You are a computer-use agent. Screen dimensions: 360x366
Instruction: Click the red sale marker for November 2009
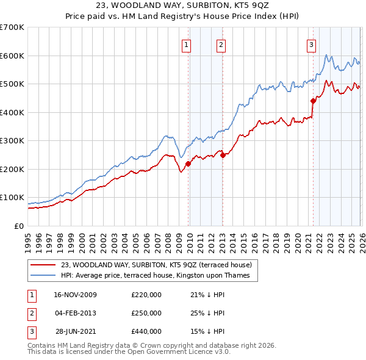click(x=188, y=164)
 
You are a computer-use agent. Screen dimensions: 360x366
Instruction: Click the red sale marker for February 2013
click(x=223, y=155)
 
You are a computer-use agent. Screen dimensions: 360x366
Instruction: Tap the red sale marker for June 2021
click(x=313, y=101)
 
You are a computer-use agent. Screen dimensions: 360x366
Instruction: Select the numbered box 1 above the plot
click(x=185, y=44)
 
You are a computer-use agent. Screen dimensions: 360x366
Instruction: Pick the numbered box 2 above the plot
click(x=220, y=44)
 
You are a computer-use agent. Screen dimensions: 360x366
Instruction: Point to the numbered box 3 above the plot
click(x=311, y=44)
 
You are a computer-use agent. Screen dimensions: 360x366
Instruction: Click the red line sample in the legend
click(x=44, y=264)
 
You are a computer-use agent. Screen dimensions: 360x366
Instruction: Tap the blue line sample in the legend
click(x=44, y=276)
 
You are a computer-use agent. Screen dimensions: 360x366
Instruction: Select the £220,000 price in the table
click(x=146, y=295)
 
